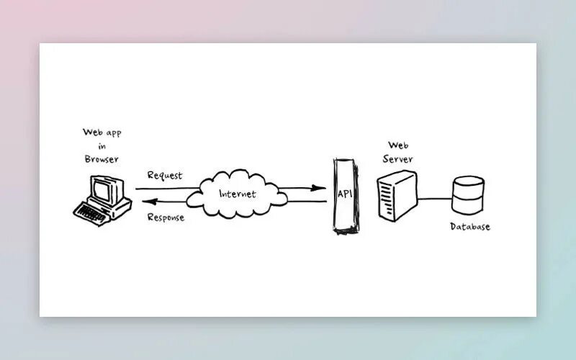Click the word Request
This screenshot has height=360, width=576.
[165, 175]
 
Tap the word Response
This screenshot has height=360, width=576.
[166, 217]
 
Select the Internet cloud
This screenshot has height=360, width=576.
[234, 193]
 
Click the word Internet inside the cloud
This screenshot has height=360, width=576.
[238, 194]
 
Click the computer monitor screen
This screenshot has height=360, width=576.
[102, 189]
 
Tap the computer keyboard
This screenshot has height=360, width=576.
[92, 211]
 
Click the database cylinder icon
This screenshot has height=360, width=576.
[468, 194]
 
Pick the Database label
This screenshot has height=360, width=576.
[470, 227]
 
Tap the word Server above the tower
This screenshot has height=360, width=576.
[399, 158]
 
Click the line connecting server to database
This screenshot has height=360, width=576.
[434, 198]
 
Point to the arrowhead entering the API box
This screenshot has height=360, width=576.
[318, 189]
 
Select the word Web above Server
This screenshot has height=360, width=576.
[399, 145]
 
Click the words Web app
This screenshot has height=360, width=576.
[102, 132]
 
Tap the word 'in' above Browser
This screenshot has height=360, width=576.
[102, 146]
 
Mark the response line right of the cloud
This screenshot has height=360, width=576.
[302, 202]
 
